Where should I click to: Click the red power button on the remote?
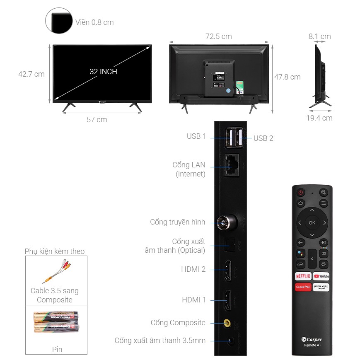point(300,193)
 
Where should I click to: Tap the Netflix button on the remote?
point(303,276)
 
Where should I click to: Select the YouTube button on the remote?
point(321,276)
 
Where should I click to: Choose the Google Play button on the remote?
point(303,287)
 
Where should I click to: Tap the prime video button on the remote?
point(321,287)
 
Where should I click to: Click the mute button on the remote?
point(324,193)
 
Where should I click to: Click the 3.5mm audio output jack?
point(230,341)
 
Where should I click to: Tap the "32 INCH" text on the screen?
point(103,72)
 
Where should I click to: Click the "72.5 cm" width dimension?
point(218,36)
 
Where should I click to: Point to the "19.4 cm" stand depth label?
point(319,118)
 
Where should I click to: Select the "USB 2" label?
point(263,138)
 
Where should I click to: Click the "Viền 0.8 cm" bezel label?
point(94,22)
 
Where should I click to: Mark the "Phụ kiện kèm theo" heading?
point(55,251)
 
